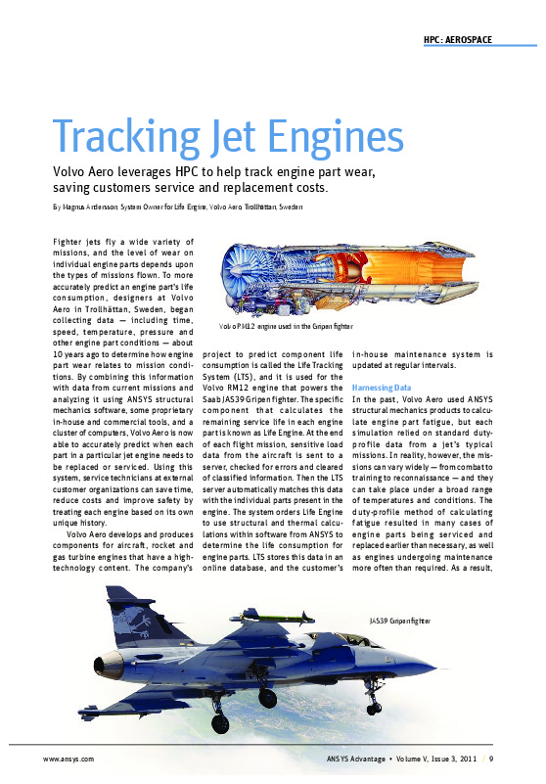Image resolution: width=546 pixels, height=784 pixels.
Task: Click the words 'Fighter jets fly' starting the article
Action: point(82,240)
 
